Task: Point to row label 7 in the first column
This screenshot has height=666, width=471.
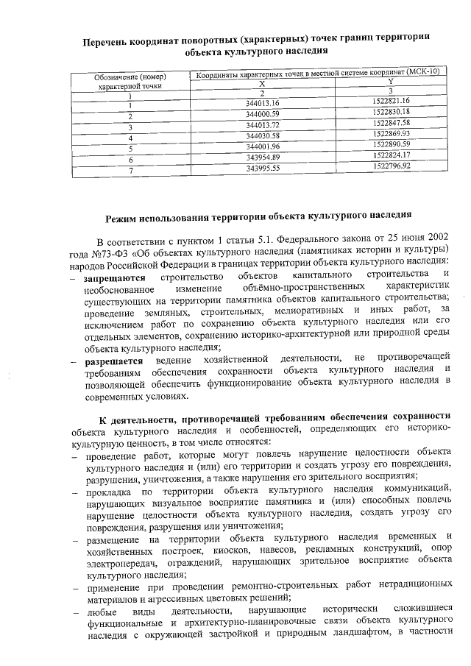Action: click(130, 171)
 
